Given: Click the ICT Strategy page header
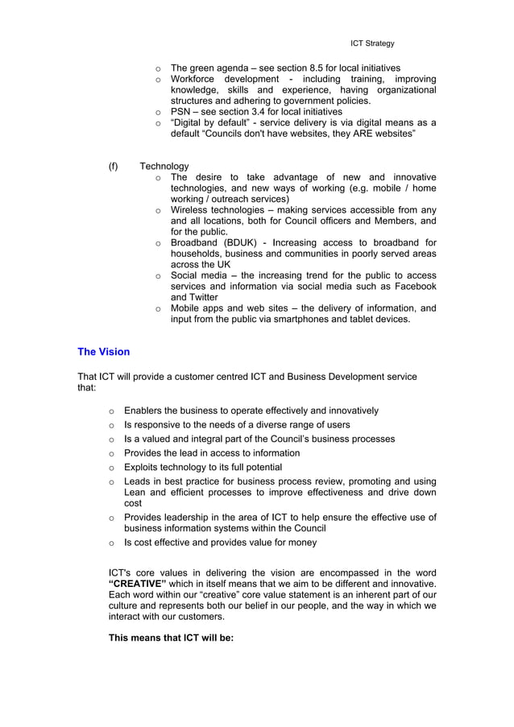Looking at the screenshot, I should (x=372, y=43).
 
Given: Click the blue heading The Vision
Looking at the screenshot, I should (x=103, y=352).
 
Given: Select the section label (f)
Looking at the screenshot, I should (x=114, y=166).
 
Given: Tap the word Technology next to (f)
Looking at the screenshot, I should (x=164, y=166).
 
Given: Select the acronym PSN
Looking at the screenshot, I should (x=181, y=112).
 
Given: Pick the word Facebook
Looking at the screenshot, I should (x=412, y=286).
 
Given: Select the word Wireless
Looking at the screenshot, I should (x=190, y=209).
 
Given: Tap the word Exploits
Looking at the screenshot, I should (x=143, y=467).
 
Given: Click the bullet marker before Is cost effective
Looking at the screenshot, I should (x=112, y=543).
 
